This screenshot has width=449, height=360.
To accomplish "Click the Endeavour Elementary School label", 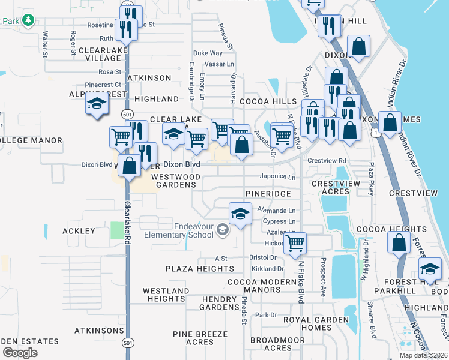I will pyautogui.click(x=178, y=230).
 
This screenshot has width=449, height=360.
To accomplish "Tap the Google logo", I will pyautogui.click(x=20, y=353).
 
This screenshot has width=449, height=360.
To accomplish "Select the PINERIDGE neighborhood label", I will pyautogui.click(x=268, y=194).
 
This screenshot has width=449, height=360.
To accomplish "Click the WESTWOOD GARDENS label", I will pyautogui.click(x=176, y=181).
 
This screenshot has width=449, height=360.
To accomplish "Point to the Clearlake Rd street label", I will pyautogui.click(x=127, y=222).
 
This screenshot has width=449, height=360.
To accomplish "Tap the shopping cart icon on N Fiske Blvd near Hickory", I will pyautogui.click(x=295, y=244).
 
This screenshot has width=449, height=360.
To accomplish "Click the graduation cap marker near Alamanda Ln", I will pyautogui.click(x=240, y=214).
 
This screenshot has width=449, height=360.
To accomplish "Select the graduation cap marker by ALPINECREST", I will pyautogui.click(x=97, y=104).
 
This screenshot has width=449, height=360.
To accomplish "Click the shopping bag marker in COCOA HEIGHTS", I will pyautogui.click(x=399, y=243).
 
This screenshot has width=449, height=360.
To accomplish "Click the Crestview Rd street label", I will pyautogui.click(x=327, y=161).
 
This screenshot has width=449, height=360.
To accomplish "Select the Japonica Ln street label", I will pyautogui.click(x=277, y=177).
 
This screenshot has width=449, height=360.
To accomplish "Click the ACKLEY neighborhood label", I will pyautogui.click(x=79, y=231).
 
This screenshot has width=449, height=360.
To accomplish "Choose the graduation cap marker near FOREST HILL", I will pyautogui.click(x=430, y=268).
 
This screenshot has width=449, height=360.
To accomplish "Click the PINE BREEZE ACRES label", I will pyautogui.click(x=200, y=338).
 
